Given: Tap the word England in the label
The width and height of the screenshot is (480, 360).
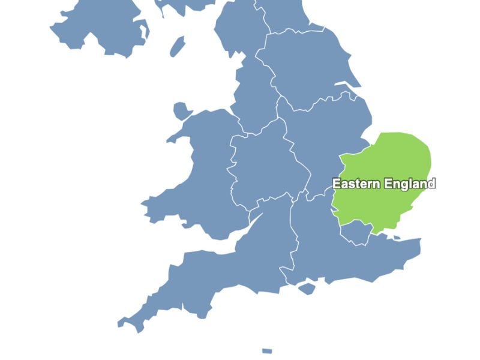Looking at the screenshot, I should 410,184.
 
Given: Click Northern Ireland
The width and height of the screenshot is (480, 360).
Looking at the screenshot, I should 102,30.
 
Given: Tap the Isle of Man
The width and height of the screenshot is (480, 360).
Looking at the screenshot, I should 177,46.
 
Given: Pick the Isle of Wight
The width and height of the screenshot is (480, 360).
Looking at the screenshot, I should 307,289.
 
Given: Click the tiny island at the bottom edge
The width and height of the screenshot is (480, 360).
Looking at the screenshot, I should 267,351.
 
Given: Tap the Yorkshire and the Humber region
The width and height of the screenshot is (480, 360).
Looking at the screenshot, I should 306,66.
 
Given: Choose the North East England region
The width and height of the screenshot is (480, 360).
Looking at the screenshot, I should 282,15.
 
